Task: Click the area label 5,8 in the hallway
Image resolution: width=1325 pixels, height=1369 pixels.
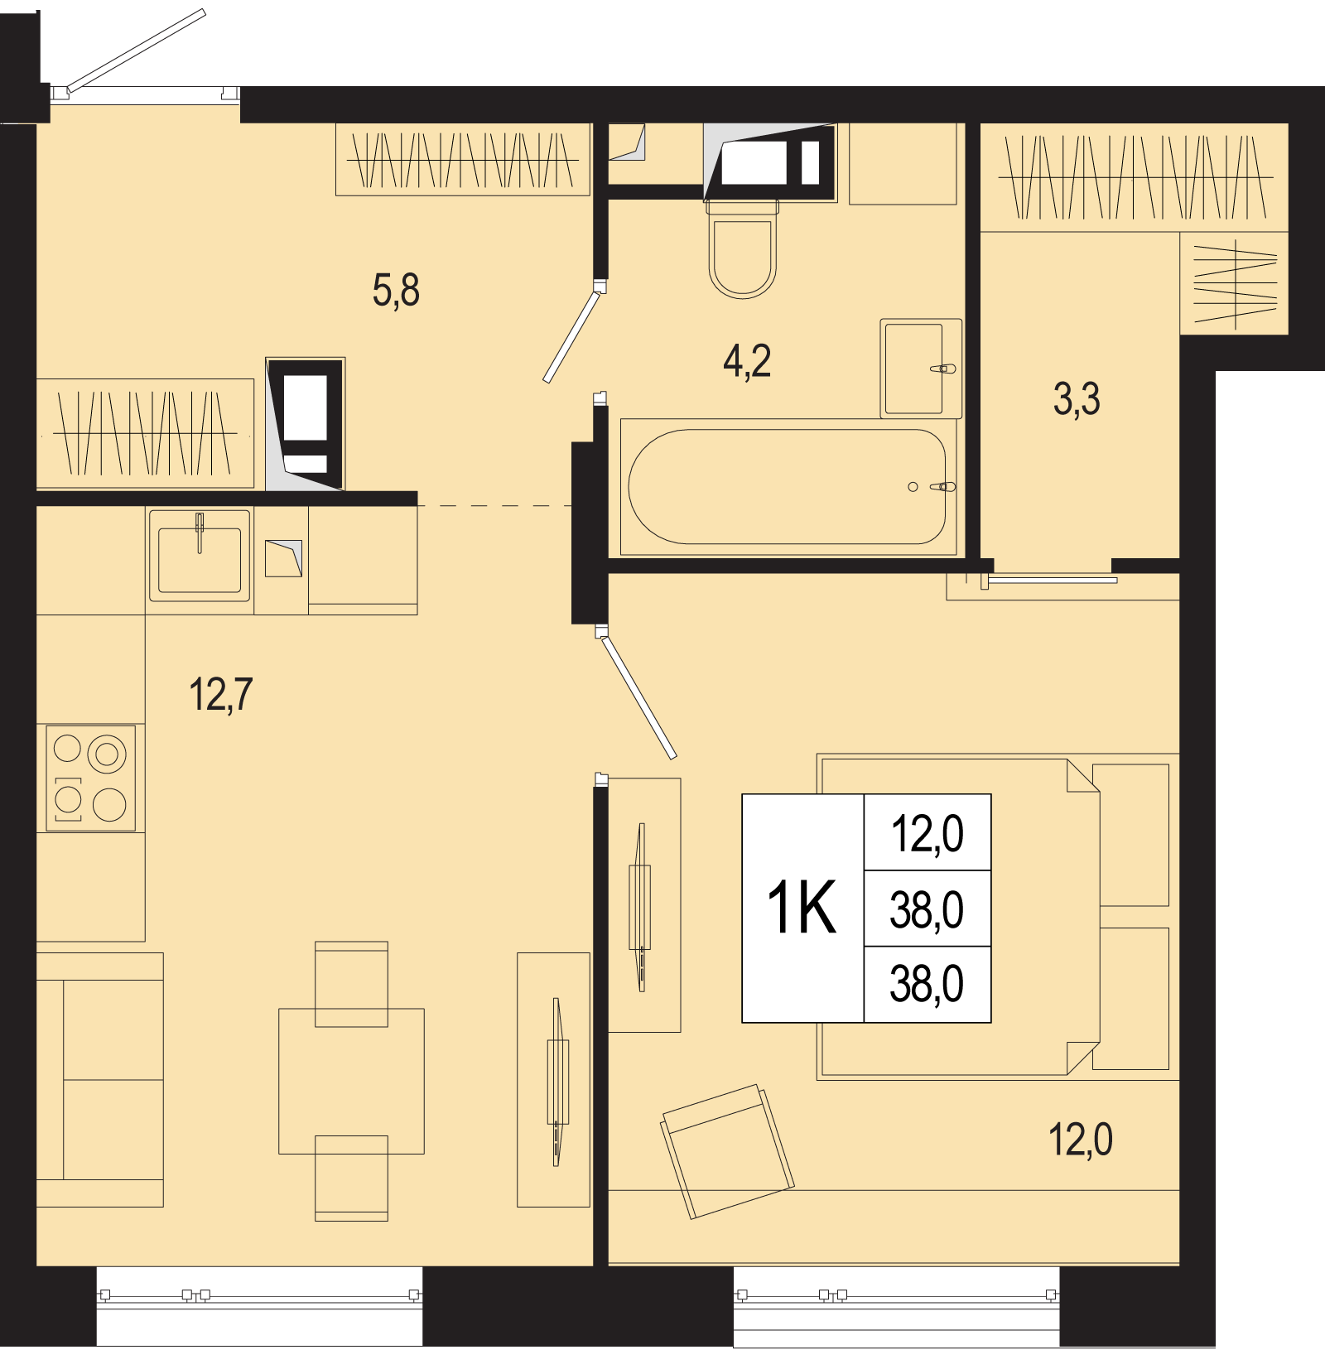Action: click(x=396, y=291)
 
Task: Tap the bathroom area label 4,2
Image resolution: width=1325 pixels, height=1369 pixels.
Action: click(x=747, y=361)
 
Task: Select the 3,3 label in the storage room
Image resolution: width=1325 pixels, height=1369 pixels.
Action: click(x=1077, y=399)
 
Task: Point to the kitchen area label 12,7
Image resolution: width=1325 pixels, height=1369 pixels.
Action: click(x=221, y=694)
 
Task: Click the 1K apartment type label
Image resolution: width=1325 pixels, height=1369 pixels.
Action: click(x=802, y=908)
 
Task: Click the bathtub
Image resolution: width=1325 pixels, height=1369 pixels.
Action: click(x=788, y=487)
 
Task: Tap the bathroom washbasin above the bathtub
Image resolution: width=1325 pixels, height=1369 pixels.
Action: click(x=921, y=369)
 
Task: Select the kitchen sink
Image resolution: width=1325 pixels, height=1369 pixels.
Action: click(x=200, y=555)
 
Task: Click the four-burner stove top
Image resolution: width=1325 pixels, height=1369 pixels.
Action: click(x=90, y=778)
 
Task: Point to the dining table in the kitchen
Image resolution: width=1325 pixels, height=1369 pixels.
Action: click(x=351, y=1081)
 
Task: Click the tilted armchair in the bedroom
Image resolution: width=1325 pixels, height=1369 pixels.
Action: click(x=727, y=1151)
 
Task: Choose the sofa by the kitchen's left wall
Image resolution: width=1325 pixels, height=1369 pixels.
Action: click(x=99, y=1079)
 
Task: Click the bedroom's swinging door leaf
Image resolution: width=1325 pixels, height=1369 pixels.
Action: click(x=638, y=696)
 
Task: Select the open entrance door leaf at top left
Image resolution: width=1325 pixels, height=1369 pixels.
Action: click(x=136, y=50)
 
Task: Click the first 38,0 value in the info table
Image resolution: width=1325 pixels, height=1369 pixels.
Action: click(x=927, y=909)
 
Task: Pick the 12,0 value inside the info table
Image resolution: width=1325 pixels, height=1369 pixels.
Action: click(x=927, y=834)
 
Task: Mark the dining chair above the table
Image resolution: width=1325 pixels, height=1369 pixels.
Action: click(x=351, y=984)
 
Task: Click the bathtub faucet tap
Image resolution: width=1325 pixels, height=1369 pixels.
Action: click(x=942, y=487)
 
